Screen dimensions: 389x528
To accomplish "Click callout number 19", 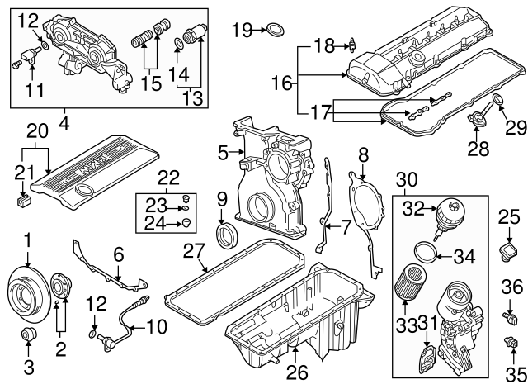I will click(x=241, y=31).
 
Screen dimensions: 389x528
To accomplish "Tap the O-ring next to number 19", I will click(x=276, y=31).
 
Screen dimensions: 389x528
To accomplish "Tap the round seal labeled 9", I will click(x=226, y=235).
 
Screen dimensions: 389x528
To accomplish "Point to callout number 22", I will click(x=168, y=177).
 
